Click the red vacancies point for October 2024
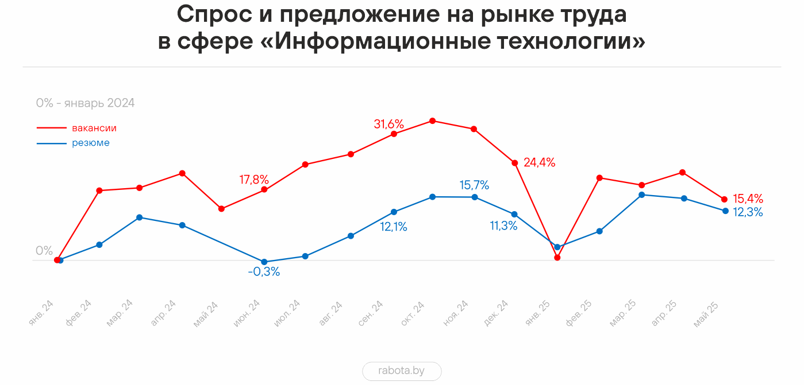coord(432,121)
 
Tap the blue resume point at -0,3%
coord(264,262)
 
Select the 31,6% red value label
coord(389,124)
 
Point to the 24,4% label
coord(539,162)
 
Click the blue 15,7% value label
coord(474,185)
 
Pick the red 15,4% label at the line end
coord(748,199)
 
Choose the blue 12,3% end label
coord(748,212)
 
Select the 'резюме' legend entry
coord(91,143)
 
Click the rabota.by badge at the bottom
coord(402,371)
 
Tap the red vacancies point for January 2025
coord(557,258)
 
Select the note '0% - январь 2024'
coord(85,103)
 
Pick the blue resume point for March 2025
coord(641,195)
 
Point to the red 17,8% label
coord(254,180)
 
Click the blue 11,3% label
coord(504,226)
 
